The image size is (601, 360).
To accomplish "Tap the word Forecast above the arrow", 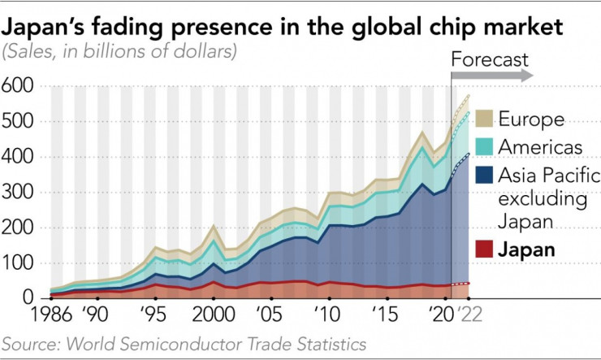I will [x=489, y=59].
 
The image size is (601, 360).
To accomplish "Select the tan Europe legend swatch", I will [x=485, y=119].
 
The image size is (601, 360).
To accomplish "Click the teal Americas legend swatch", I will [x=485, y=147].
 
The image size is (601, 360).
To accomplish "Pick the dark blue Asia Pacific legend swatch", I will [x=485, y=175].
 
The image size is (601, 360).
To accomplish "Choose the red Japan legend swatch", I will [x=485, y=249].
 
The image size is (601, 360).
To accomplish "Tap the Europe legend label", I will [x=531, y=119].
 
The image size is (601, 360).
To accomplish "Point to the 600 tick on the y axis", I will [x=19, y=85].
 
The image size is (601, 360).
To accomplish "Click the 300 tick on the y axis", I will [x=19, y=192].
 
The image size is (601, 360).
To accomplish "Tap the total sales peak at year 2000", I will [x=212, y=226].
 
